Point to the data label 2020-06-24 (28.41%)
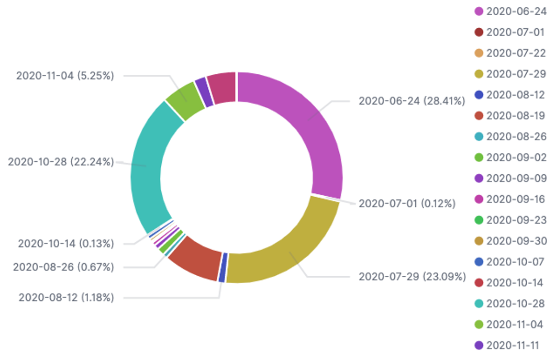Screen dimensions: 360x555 412,101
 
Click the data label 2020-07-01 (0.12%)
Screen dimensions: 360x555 407,203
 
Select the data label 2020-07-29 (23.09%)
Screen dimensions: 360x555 412,276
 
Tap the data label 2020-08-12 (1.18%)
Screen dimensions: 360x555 66,298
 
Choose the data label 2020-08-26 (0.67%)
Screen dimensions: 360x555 63,267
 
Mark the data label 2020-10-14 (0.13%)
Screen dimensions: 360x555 66,243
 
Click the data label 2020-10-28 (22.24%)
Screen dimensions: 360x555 61,162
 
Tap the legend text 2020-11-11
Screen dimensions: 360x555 515,346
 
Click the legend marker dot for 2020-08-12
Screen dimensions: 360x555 478,95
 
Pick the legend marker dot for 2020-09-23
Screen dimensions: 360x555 478,220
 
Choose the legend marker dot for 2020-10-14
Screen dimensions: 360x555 478,283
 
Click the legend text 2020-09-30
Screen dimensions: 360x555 515,241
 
